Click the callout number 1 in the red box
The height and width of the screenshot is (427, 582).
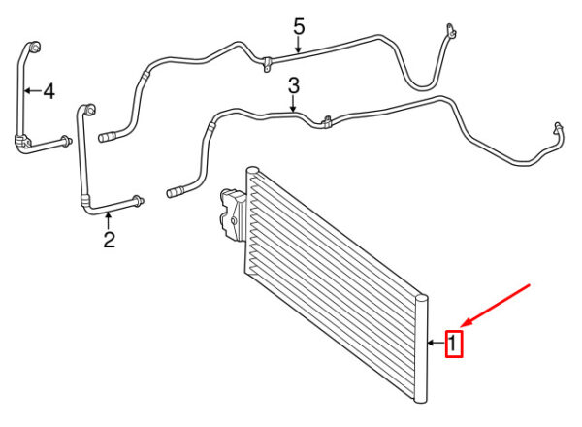453,344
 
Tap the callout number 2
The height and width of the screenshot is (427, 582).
109,240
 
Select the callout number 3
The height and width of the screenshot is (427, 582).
294,85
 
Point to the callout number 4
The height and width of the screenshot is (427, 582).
49,91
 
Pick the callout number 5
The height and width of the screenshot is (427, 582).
299,27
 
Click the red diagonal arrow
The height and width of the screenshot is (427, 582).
497,307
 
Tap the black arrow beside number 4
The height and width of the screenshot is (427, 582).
32,90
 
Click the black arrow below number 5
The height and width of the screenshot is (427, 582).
298,45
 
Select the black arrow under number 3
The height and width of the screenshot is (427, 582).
293,104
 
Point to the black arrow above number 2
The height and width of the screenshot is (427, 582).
108,220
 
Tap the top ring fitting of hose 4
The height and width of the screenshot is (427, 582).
35,48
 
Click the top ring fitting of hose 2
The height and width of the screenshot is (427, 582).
90,110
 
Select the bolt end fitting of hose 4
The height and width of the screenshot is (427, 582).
66,141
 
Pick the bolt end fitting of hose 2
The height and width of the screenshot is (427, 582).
138,201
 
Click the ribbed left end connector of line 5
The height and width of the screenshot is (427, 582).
107,137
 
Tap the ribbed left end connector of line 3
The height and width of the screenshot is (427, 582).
176,192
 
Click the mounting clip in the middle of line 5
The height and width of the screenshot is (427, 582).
267,64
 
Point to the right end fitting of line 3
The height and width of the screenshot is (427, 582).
559,128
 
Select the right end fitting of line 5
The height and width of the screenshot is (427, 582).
451,31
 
